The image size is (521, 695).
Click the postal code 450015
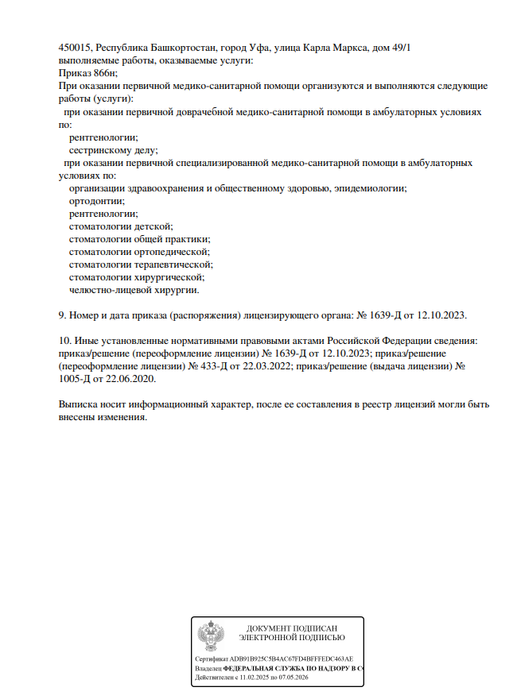point(75,48)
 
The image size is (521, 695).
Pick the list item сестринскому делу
point(114,149)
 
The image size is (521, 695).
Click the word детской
point(154,226)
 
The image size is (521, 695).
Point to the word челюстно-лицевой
point(107,290)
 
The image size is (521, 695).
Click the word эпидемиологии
point(368,188)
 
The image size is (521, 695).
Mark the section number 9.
point(62,315)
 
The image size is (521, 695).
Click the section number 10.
point(64,341)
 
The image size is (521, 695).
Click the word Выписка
point(80,404)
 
